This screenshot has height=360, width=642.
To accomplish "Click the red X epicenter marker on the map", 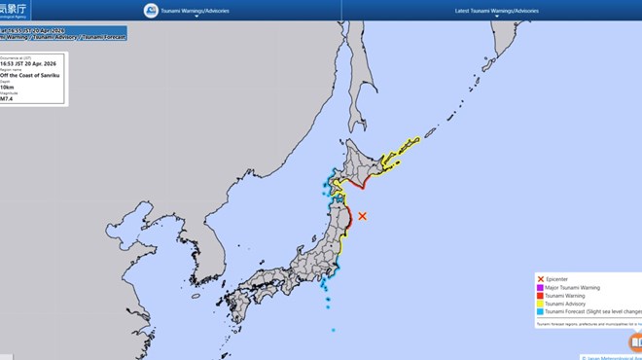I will tap(362, 216).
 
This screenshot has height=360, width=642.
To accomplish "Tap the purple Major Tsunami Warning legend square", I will tap(541, 288).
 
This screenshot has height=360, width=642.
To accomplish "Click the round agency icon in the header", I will tap(151, 11).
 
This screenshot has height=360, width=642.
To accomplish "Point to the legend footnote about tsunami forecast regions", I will tap(588, 325).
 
